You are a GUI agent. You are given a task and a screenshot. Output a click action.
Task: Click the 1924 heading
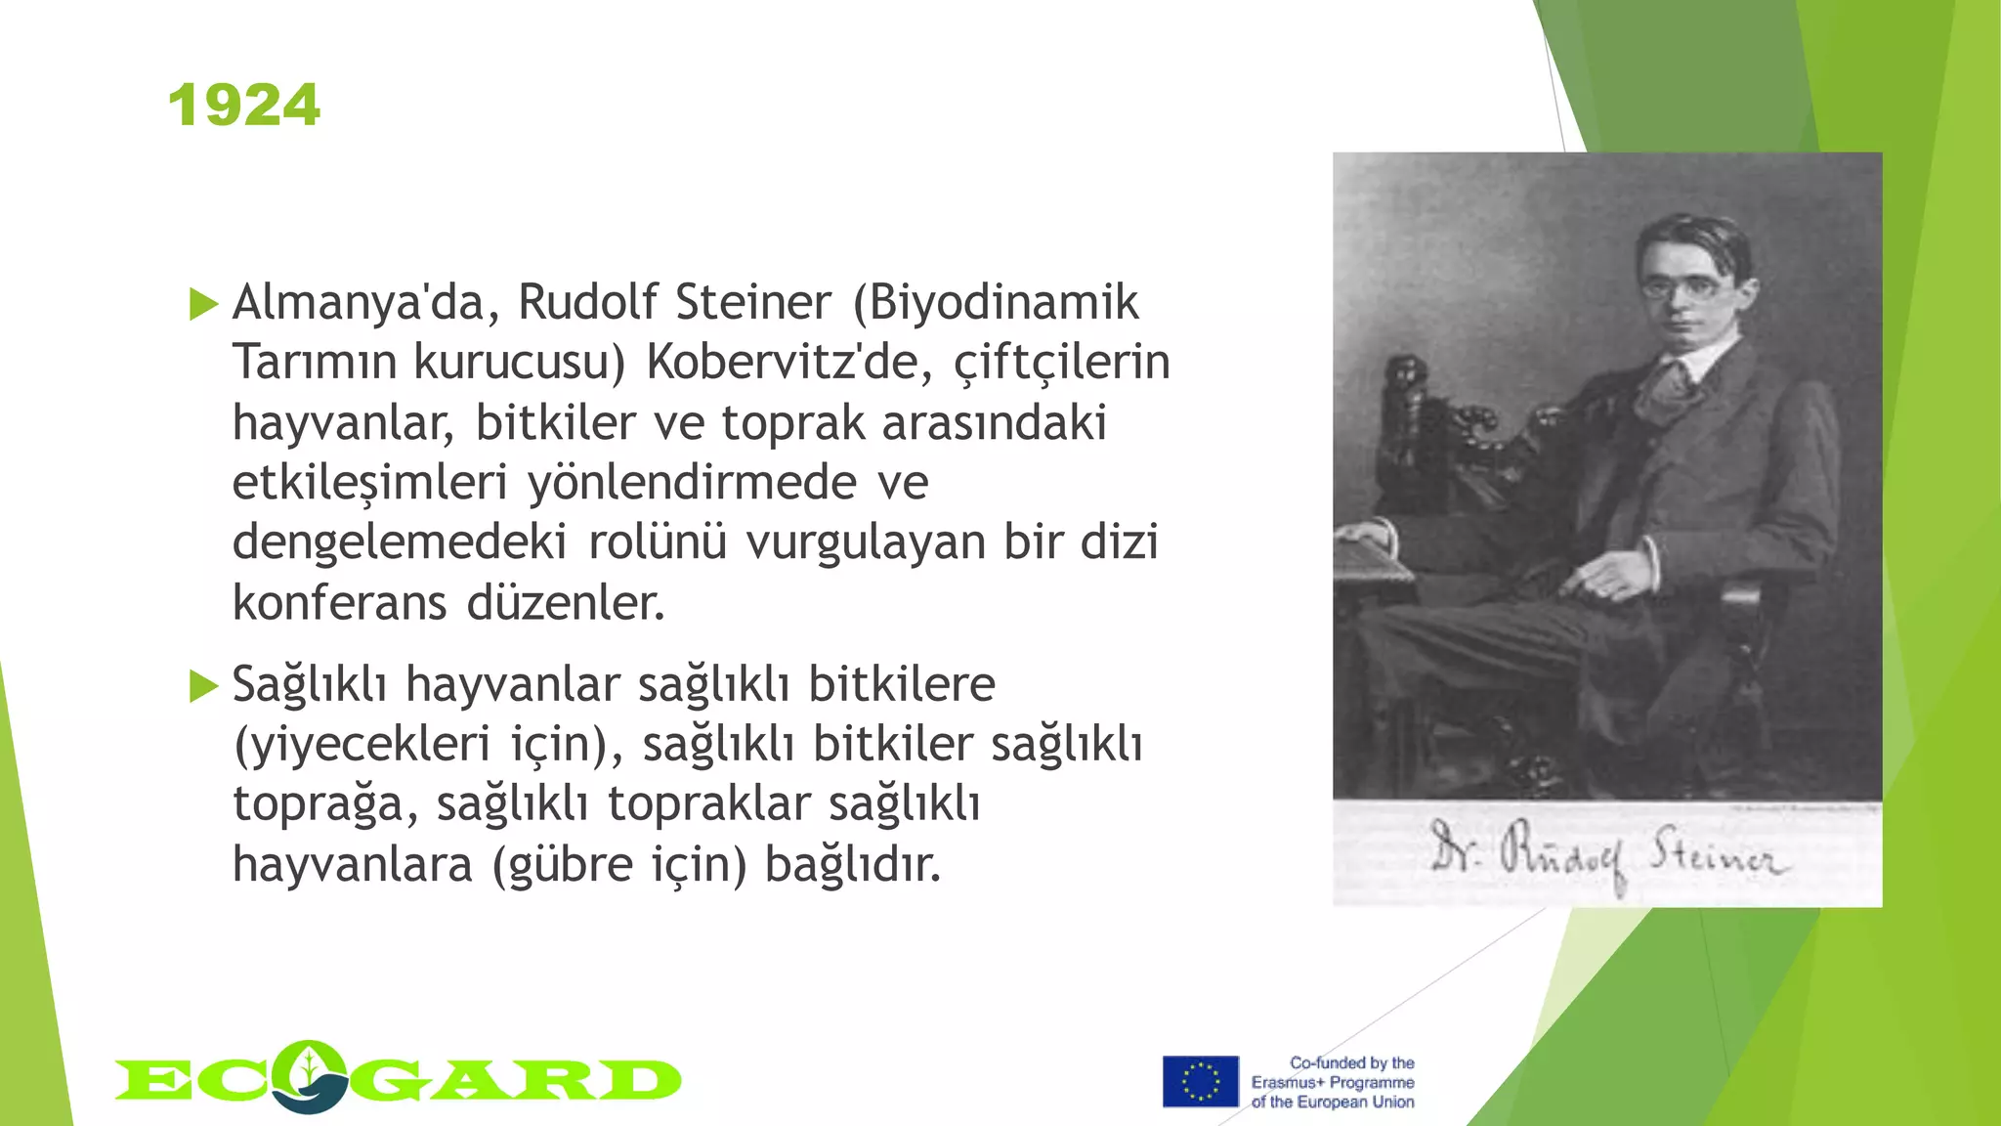point(244,106)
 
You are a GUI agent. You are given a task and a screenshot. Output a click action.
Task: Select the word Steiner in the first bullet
point(753,303)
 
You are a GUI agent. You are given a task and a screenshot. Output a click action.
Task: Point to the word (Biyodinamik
point(996,303)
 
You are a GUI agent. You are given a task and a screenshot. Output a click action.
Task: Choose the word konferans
point(339,603)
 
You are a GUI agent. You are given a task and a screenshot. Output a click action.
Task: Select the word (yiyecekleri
point(362,745)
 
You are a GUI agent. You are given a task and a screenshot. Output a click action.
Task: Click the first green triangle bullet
point(203,304)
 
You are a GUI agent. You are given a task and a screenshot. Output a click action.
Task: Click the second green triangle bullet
point(203,686)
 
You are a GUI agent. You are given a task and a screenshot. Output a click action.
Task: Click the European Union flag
point(1200,1081)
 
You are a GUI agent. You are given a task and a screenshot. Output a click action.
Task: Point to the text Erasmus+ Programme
point(1333,1082)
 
